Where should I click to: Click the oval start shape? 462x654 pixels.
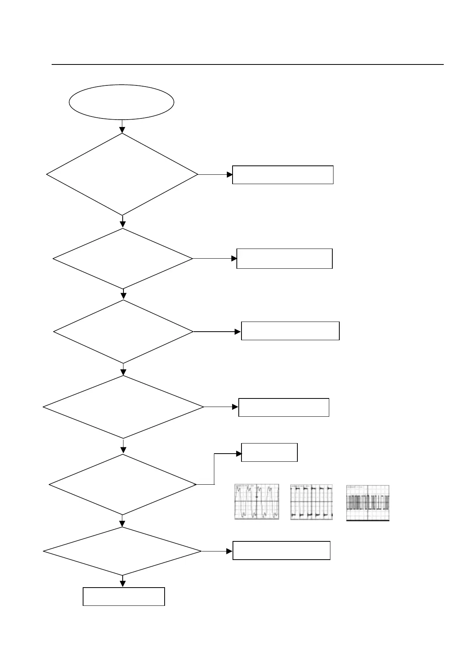(121, 102)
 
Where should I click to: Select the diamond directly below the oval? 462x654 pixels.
(122, 174)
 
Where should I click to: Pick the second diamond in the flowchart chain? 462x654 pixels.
(123, 259)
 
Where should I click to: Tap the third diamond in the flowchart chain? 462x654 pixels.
(123, 332)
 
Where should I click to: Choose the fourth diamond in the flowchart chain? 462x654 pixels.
(123, 407)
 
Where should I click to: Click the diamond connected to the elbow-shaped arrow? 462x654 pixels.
(123, 485)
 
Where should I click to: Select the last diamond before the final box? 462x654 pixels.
(122, 551)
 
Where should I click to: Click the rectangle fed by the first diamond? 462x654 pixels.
(283, 175)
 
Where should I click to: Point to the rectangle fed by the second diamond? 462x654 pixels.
(284, 259)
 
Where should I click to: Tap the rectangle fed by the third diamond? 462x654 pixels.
(290, 331)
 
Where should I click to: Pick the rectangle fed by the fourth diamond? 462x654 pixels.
(283, 407)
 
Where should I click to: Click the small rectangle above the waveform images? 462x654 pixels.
(269, 452)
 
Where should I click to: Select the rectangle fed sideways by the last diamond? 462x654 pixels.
(281, 550)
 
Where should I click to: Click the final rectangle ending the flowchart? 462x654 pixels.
(124, 597)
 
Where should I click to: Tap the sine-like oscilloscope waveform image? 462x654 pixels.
(257, 502)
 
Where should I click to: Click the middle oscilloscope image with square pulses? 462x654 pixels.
(311, 502)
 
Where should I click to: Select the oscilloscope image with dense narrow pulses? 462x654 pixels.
(367, 503)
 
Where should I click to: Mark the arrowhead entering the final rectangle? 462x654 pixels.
(123, 584)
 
